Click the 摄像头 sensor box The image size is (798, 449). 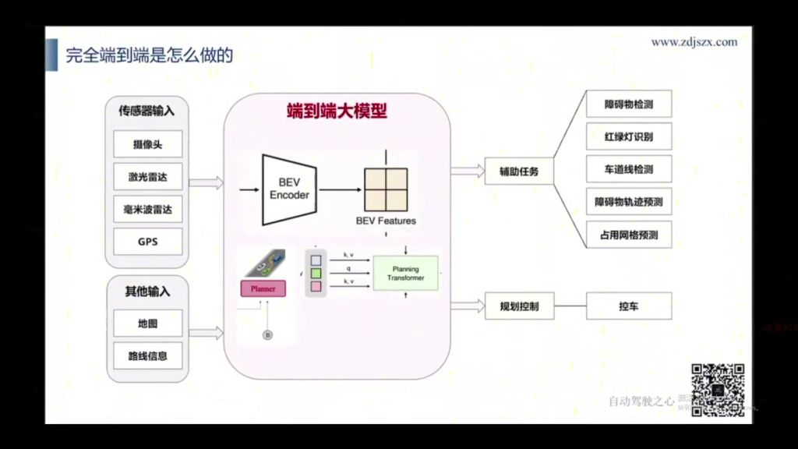tap(148, 144)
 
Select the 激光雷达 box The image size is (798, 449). tap(148, 177)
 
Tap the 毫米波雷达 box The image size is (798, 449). tap(148, 209)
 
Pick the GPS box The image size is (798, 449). tap(148, 242)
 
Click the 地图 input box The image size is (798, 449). tap(148, 323)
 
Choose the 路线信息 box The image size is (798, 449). tap(148, 355)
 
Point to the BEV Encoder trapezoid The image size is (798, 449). tap(288, 189)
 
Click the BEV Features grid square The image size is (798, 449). tap(386, 189)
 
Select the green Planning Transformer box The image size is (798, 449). tap(405, 273)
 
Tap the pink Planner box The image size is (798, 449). tap(263, 288)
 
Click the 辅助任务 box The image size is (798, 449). tap(519, 171)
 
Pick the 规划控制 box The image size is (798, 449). tap(519, 306)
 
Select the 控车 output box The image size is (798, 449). tap(629, 306)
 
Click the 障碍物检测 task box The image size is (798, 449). tap(629, 104)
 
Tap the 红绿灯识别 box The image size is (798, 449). tap(629, 136)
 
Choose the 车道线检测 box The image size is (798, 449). tap(629, 169)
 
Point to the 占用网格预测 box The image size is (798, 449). tap(629, 235)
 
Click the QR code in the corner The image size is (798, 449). tap(718, 390)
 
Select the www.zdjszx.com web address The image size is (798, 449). tap(694, 42)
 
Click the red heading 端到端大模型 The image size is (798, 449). tap(337, 111)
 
